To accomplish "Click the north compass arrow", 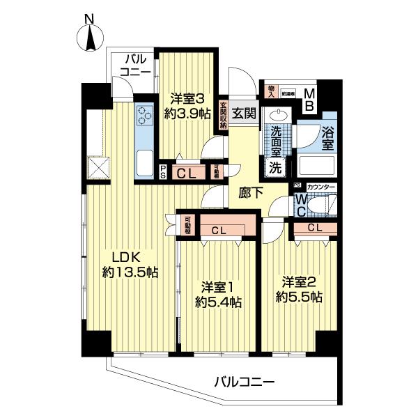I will (x=91, y=38).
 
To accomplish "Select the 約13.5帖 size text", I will (x=130, y=272).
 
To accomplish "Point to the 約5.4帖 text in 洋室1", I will (x=218, y=302).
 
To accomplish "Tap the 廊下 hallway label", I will (x=245, y=193).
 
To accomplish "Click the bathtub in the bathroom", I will (x=318, y=167).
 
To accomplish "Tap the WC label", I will (x=299, y=204).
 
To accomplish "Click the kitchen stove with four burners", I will (x=146, y=116).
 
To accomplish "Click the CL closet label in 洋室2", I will (x=314, y=227).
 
